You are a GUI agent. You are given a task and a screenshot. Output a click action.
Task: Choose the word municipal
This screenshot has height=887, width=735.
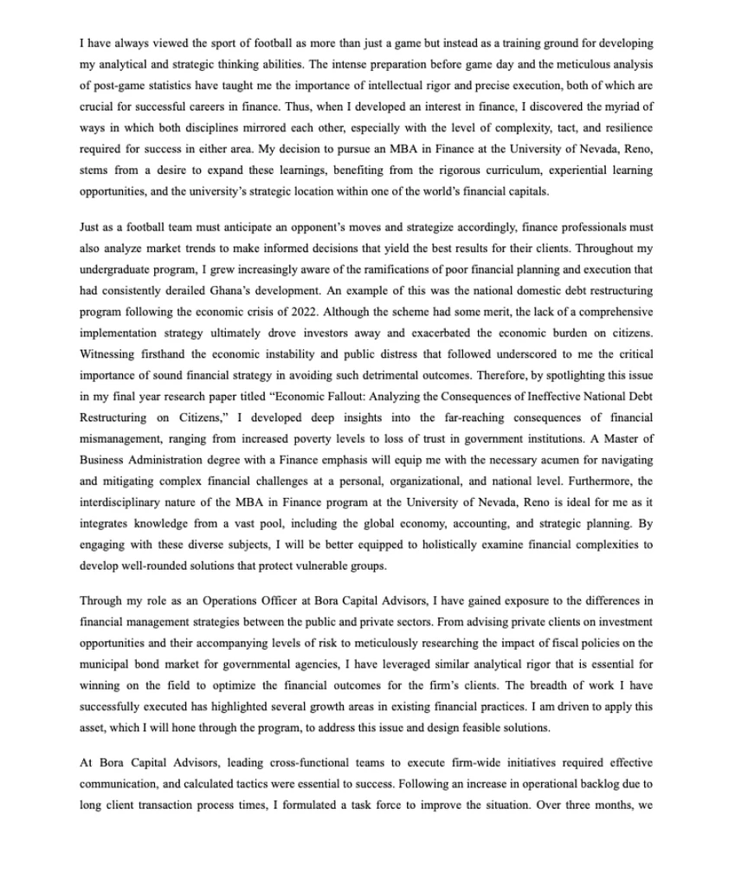pyautogui.click(x=105, y=661)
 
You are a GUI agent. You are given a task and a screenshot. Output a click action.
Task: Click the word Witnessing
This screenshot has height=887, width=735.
pyautogui.click(x=107, y=353)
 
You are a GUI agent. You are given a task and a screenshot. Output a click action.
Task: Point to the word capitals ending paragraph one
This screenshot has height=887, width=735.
pyautogui.click(x=524, y=191)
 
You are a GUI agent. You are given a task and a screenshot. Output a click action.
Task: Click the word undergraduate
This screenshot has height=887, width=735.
pyautogui.click(x=115, y=269)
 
